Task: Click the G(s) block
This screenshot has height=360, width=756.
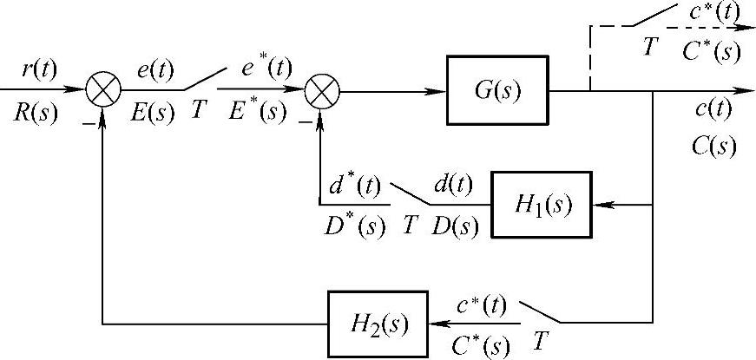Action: (x=497, y=89)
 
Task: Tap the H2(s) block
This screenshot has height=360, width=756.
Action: (x=378, y=324)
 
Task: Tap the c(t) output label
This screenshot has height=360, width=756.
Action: (x=714, y=110)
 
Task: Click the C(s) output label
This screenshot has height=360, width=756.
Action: (x=714, y=144)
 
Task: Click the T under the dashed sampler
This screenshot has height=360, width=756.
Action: (x=648, y=49)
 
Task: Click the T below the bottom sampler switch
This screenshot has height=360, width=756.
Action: (x=541, y=341)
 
